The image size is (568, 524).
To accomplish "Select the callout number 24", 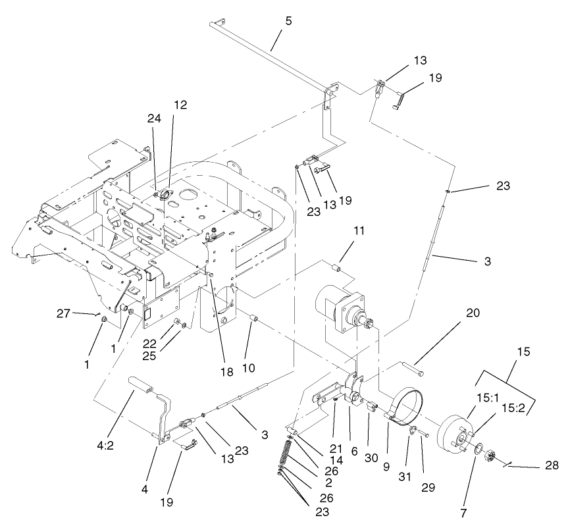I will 154,119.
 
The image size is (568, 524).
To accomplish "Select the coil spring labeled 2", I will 288,454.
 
